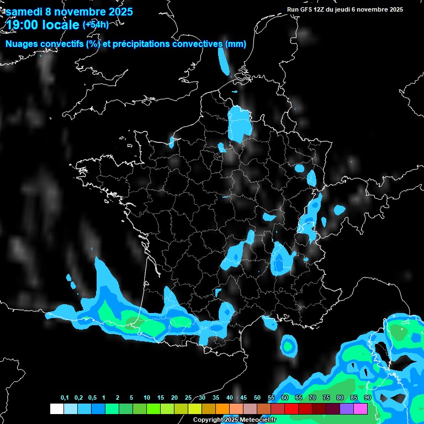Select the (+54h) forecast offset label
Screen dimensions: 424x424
(96, 24)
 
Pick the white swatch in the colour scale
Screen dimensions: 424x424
(56, 409)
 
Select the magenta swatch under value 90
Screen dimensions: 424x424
(361, 409)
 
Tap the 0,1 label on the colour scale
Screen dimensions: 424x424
(65, 398)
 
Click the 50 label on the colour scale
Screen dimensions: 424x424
(257, 398)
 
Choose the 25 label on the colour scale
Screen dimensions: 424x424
(188, 398)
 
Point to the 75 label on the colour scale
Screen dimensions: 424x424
(326, 398)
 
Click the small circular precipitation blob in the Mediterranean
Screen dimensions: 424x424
(288, 346)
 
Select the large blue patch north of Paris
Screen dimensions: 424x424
(240, 123)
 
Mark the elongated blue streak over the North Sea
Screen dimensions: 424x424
(224, 60)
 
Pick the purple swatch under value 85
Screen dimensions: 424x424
(347, 409)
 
